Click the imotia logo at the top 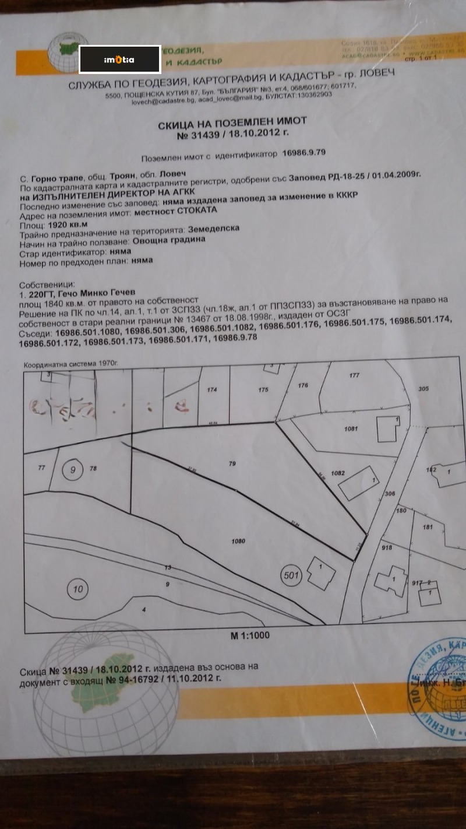click(119, 59)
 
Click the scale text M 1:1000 click(250, 635)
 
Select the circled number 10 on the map click(77, 589)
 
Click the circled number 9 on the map click(72, 469)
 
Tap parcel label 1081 click(350, 428)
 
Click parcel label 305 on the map click(423, 389)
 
